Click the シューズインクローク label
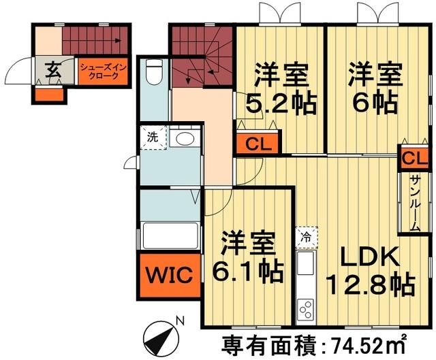tap(102, 71)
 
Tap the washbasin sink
tap(183, 139)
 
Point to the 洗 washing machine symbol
tap(153, 137)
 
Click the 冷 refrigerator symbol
tap(307, 238)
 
